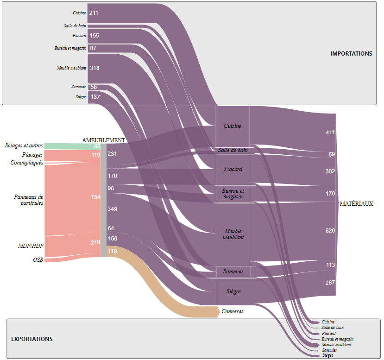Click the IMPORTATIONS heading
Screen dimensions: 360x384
pyautogui.click(x=351, y=54)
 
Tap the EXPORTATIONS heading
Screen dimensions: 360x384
pyautogui.click(x=32, y=339)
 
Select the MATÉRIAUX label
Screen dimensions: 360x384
pyautogui.click(x=356, y=204)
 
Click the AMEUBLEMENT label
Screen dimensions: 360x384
pyautogui.click(x=104, y=140)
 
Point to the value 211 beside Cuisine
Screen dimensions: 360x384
pyautogui.click(x=94, y=13)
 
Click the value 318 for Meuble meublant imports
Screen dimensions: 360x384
pyautogui.click(x=94, y=68)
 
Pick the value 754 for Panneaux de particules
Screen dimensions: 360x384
pyautogui.click(x=95, y=197)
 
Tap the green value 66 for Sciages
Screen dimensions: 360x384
pyautogui.click(x=97, y=146)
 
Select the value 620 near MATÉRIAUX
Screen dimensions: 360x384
pyautogui.click(x=330, y=230)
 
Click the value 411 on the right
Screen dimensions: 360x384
pyautogui.click(x=330, y=133)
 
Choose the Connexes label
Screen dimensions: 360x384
pyautogui.click(x=233, y=311)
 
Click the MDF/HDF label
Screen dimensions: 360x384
pyautogui.click(x=31, y=246)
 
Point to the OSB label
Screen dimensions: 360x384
pyautogui.click(x=38, y=260)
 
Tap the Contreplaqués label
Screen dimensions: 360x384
pyautogui.click(x=27, y=163)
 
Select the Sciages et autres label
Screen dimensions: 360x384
pyautogui.click(x=24, y=145)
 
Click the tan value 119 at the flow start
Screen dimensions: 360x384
pyautogui.click(x=112, y=251)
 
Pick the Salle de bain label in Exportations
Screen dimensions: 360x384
pyautogui.click(x=332, y=328)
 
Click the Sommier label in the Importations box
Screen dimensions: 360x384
pyautogui.click(x=79, y=87)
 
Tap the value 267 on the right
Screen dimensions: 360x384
pyautogui.click(x=330, y=283)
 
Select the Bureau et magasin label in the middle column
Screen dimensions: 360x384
pyautogui.click(x=233, y=194)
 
